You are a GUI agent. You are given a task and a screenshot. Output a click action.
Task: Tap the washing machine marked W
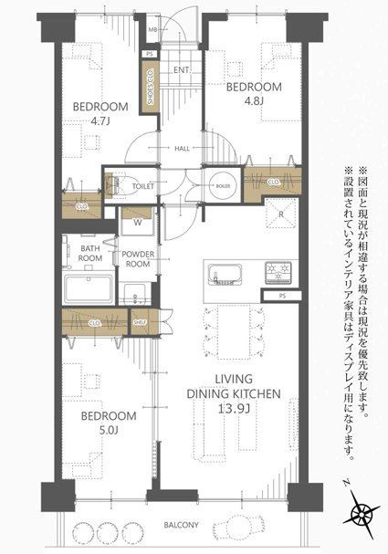click(137, 221)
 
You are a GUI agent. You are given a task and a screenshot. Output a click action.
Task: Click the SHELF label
click(140, 320)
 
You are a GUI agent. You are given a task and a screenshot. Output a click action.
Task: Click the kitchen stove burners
click(277, 271)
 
